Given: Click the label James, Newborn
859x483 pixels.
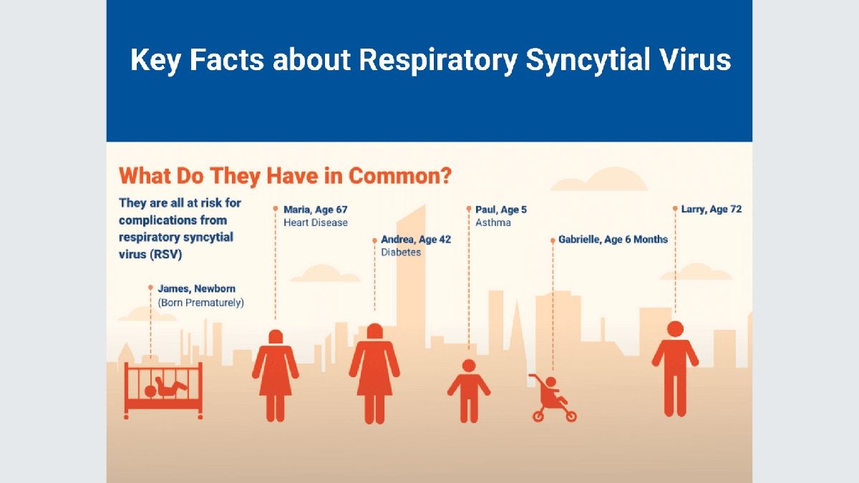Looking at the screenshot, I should tap(197, 288).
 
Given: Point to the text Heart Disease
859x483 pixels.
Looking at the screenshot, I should tap(316, 223).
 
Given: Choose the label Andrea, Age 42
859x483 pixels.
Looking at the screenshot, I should tap(416, 240).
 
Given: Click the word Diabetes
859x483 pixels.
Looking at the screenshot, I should tap(401, 253).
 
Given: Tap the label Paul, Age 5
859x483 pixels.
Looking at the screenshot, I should tap(501, 210).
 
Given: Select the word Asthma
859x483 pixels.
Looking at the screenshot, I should tap(493, 223).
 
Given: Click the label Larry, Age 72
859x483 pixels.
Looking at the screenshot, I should tap(712, 210).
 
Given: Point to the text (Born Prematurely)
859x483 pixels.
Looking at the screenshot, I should tap(201, 303).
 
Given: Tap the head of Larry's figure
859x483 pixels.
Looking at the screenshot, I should tap(675, 329).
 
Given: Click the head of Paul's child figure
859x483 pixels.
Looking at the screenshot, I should tap(469, 366).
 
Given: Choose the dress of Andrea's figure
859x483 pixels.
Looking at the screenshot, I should tap(374, 372).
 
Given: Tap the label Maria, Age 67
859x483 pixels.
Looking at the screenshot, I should tap(316, 210).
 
